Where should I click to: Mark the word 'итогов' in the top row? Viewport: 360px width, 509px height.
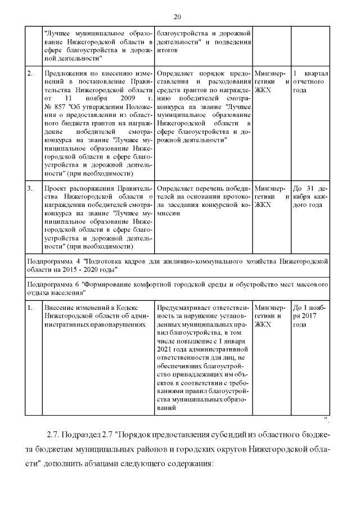pyautogui.click(x=166, y=49)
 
